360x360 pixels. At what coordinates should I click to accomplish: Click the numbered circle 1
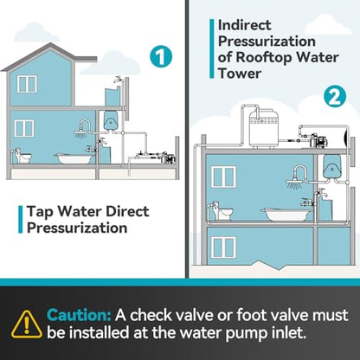point(161,56)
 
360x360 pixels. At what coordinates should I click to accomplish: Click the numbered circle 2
point(335,97)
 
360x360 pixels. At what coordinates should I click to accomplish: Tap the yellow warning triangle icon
point(26,325)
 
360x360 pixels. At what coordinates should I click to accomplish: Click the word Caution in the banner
point(79,315)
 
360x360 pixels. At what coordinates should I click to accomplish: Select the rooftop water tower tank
point(264,128)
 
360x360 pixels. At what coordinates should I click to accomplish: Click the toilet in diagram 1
point(22,156)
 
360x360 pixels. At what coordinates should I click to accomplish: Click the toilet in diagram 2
point(221,211)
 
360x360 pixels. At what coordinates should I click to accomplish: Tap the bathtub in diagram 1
point(74,158)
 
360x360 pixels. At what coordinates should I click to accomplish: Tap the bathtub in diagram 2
point(286,214)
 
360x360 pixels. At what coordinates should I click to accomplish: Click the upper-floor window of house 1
point(27,84)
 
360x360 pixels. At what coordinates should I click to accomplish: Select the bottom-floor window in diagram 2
point(224,247)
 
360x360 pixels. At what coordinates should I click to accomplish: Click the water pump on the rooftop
point(318,141)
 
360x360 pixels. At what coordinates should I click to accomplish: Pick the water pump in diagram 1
point(166,156)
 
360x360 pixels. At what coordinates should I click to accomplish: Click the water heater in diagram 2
point(331,167)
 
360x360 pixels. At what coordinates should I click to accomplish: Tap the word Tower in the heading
point(240,74)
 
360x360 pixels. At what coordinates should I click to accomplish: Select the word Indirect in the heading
point(245,25)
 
